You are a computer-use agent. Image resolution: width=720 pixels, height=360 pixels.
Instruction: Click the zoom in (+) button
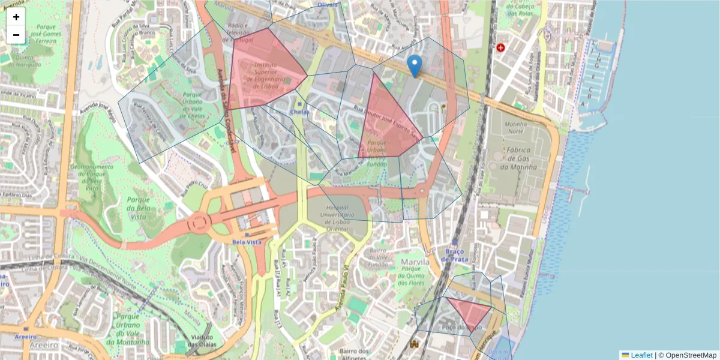click(x=16, y=17)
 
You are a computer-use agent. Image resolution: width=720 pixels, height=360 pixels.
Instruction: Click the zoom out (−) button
click(x=16, y=35)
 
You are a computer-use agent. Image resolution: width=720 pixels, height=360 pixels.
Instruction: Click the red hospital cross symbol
click(x=500, y=47)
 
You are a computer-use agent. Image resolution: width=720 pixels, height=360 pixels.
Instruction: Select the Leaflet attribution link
click(x=641, y=355)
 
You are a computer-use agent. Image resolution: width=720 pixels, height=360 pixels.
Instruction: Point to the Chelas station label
click(x=299, y=112)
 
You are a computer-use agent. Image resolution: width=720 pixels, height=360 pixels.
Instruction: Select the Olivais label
click(x=328, y=5)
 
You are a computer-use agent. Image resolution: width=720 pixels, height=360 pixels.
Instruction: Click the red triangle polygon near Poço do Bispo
click(x=468, y=310)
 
